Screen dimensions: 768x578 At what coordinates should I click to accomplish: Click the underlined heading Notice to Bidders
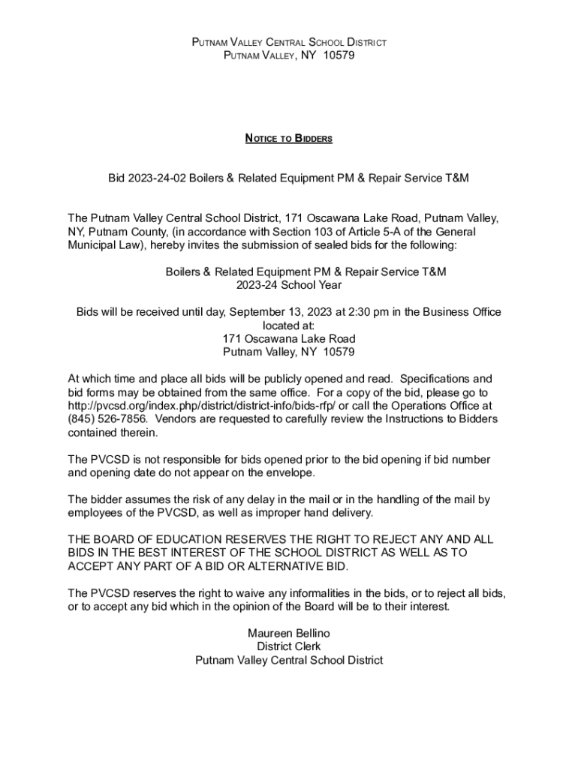[x=289, y=139]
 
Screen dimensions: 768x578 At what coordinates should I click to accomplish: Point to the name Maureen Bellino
[x=289, y=634]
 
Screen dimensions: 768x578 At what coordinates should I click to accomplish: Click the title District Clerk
[x=289, y=646]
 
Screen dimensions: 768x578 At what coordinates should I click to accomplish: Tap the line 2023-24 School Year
[x=289, y=285]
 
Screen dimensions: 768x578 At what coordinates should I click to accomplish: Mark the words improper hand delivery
[x=309, y=513]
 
